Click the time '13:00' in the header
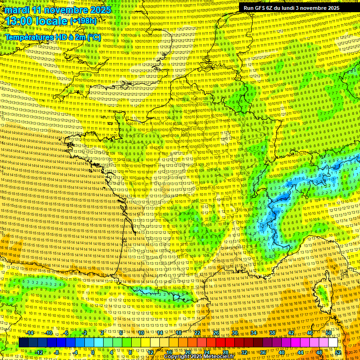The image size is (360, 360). click(x=22, y=21)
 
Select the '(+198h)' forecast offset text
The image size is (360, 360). click(x=83, y=21)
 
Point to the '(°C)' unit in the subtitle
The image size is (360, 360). click(x=93, y=37)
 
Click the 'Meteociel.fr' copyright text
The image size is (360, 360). click(x=216, y=357)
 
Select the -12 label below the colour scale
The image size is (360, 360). click(x=39, y=352)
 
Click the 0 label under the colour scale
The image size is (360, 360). click(x=93, y=352)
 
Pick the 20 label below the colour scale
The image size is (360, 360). click(x=187, y=352)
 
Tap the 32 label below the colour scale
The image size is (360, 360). click(x=244, y=352)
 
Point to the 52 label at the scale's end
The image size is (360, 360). click(x=338, y=352)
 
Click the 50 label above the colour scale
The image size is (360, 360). click(x=329, y=333)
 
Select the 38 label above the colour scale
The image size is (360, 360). click(x=272, y=333)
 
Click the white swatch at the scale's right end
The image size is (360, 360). click(x=333, y=343)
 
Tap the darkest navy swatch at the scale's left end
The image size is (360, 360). click(x=23, y=343)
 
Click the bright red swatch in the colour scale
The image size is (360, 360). click(x=220, y=343)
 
